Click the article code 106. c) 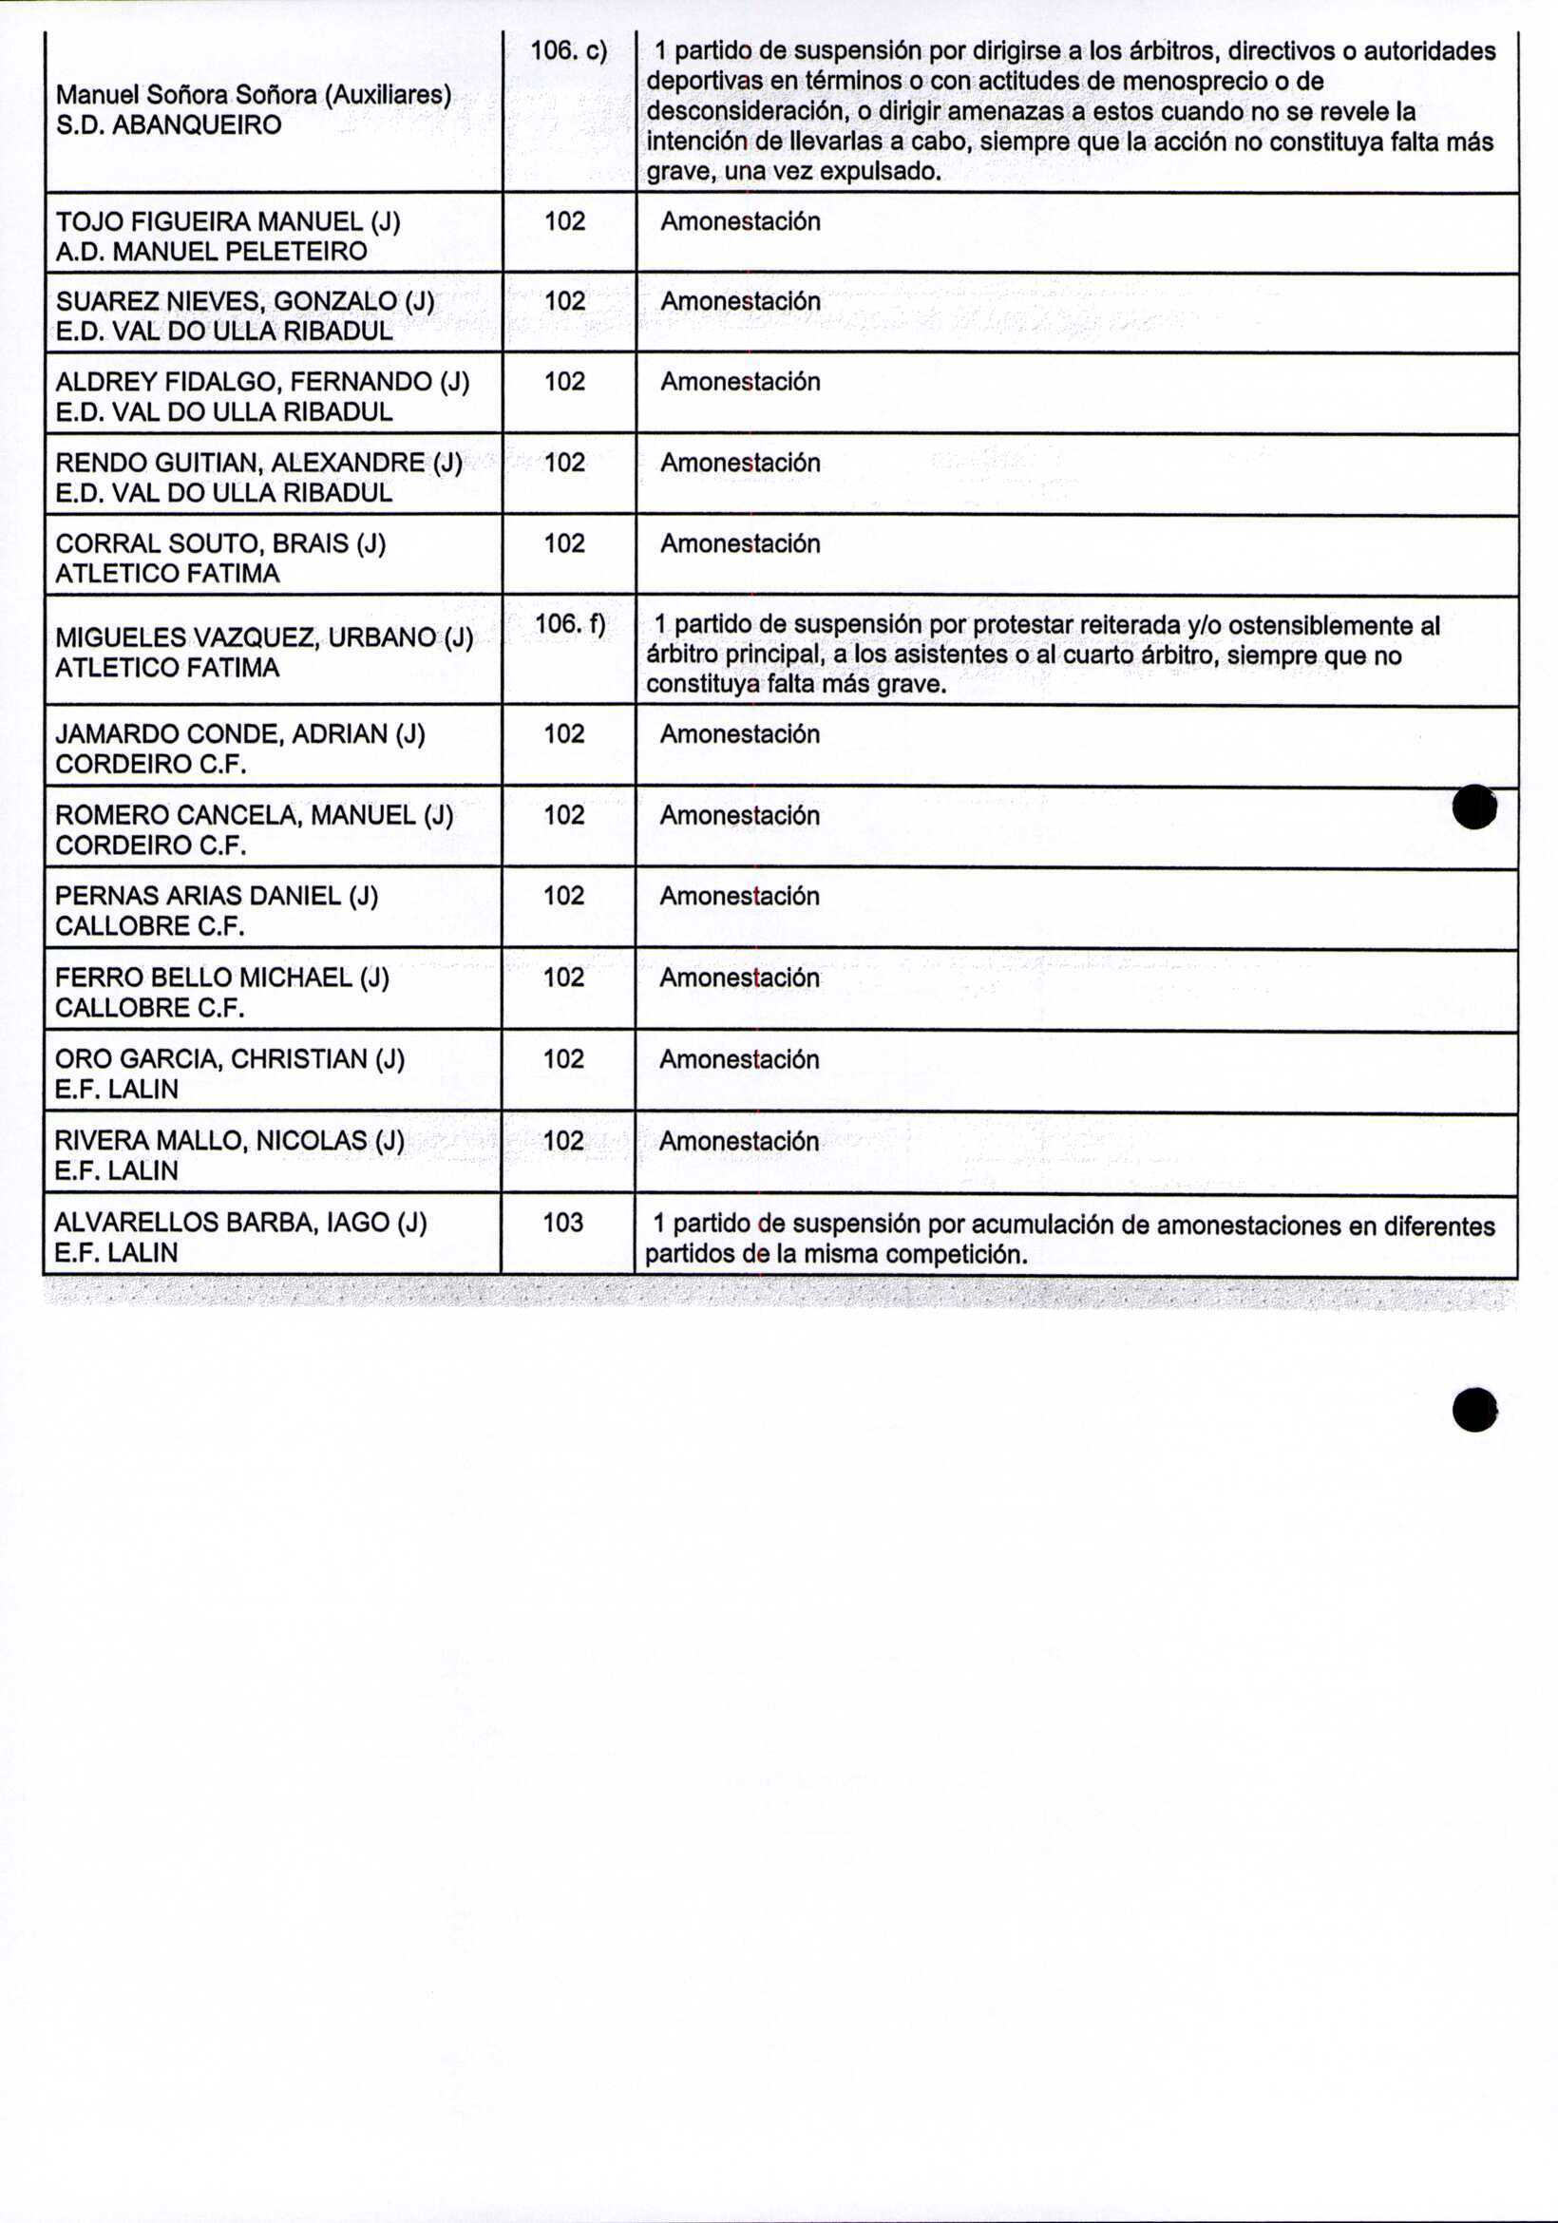coord(568,51)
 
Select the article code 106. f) coord(569,625)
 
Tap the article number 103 coord(563,1223)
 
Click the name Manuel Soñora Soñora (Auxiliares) coord(254,95)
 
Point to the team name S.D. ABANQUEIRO coord(168,124)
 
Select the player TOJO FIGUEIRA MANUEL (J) coord(228,221)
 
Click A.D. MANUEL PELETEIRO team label coord(211,252)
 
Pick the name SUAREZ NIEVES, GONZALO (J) coord(245,302)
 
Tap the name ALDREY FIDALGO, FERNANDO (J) coord(261,383)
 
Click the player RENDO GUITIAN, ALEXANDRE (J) coord(258,463)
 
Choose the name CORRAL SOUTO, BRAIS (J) coord(220,544)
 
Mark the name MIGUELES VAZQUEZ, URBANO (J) coord(264,638)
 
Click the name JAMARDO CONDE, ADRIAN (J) coord(240,735)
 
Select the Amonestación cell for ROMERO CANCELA coord(740,816)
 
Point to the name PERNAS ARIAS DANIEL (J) coord(217,897)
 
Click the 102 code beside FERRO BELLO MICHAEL coord(563,978)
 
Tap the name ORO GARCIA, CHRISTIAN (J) coord(230,1059)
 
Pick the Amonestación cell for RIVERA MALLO coord(739,1142)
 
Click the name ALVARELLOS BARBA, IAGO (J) coord(240,1223)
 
